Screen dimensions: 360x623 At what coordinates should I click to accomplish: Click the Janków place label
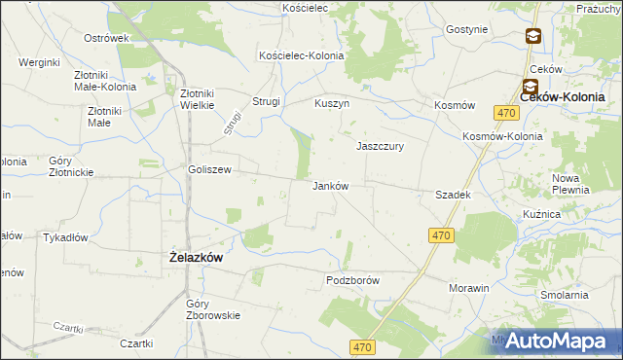coord(330,185)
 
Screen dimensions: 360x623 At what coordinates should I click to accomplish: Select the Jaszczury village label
coord(380,146)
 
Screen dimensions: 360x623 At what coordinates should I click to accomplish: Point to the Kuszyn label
coord(332,103)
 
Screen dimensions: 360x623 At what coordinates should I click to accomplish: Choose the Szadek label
coord(454,195)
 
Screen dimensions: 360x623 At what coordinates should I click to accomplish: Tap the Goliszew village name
coord(209,169)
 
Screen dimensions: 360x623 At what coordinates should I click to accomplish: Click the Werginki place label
coord(39,62)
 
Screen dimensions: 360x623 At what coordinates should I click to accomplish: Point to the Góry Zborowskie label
coord(211,309)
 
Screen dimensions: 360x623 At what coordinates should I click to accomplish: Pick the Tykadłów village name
coord(66,237)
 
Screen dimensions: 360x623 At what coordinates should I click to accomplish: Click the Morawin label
coord(468,289)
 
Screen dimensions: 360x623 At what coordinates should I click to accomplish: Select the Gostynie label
coord(466,29)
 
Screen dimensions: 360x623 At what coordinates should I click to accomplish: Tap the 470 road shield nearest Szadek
coord(442,235)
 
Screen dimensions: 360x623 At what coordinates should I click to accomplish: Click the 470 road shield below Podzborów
coord(364,347)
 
